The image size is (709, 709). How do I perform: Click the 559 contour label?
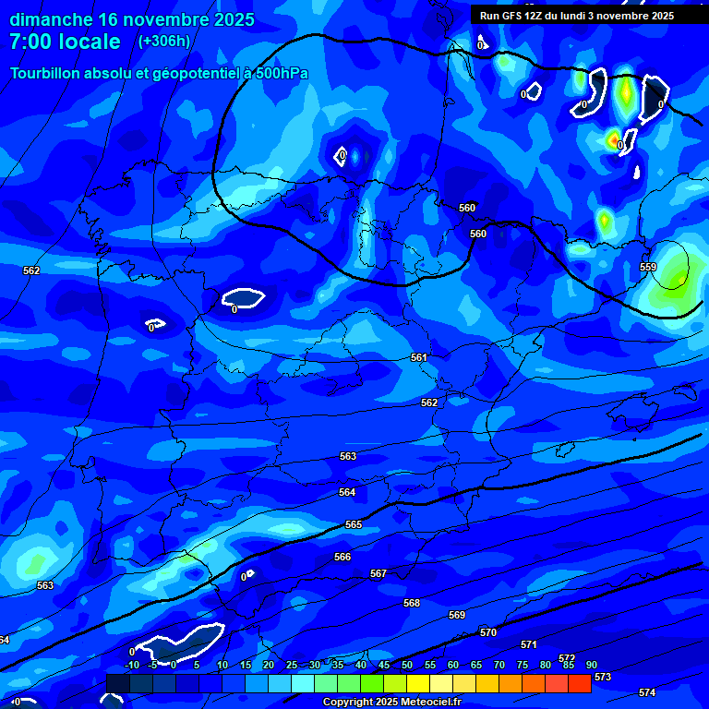tap(648, 267)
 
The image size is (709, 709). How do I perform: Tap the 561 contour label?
tap(419, 357)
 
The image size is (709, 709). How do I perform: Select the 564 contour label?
tap(347, 492)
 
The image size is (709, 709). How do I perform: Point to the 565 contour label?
tap(354, 524)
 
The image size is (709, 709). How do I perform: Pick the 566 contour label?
tap(342, 557)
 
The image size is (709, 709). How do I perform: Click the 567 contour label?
tap(379, 573)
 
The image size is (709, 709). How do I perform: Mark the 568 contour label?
tap(412, 603)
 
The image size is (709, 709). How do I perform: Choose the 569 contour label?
tap(457, 615)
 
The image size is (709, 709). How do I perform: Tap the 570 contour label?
tap(488, 632)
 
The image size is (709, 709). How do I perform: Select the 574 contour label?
tap(647, 692)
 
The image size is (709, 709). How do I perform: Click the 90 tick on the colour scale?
tap(591, 665)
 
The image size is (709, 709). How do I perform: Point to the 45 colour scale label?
tap(383, 665)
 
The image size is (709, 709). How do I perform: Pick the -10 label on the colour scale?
tap(132, 665)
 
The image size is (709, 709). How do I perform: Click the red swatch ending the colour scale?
tap(580, 683)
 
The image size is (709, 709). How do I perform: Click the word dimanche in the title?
tap(51, 18)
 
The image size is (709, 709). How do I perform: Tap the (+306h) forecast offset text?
tap(163, 41)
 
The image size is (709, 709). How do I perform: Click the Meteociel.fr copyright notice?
tap(391, 703)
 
